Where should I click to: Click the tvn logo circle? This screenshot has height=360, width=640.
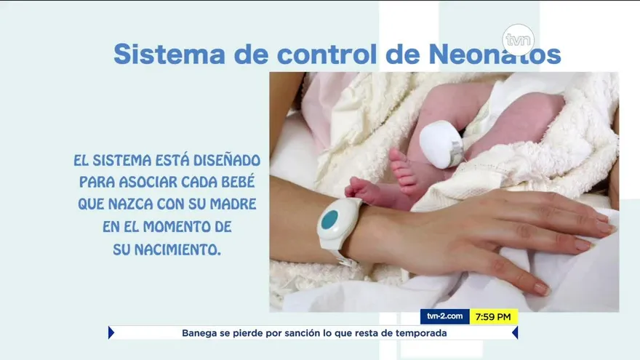click(518, 40)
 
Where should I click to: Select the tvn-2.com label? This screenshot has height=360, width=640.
click(444, 317)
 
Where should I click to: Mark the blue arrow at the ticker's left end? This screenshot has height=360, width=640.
click(111, 333)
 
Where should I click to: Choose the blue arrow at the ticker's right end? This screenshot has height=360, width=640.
click(515, 333)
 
